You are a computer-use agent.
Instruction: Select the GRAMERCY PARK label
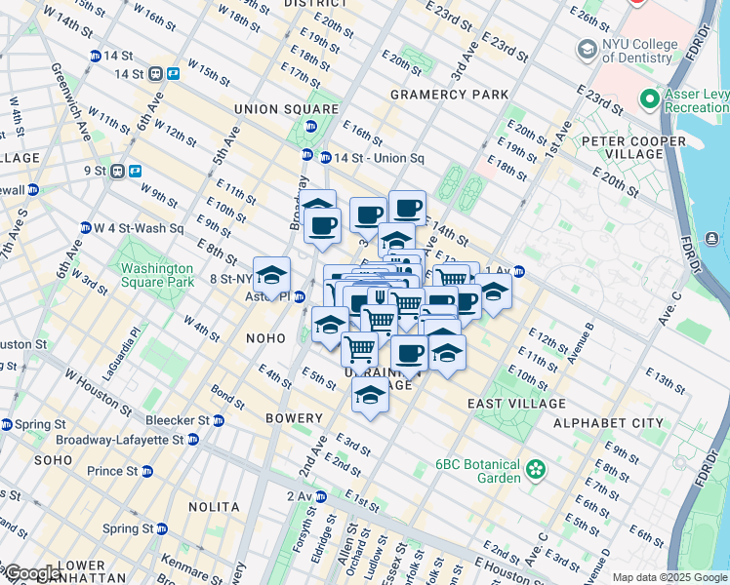(x=449, y=95)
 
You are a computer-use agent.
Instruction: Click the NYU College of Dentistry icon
(x=588, y=49)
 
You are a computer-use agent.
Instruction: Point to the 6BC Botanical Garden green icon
(x=535, y=471)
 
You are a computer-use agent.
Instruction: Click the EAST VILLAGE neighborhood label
(x=515, y=404)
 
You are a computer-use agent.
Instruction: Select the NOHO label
(x=265, y=338)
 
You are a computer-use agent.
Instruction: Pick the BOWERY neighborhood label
(x=294, y=418)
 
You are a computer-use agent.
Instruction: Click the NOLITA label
(x=214, y=507)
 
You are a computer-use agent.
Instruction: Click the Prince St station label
(x=111, y=471)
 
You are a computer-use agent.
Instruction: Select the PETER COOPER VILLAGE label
(x=636, y=146)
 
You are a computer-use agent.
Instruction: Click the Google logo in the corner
(x=32, y=573)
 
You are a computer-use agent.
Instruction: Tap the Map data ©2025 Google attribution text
(x=669, y=577)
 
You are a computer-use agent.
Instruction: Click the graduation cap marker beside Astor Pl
(x=272, y=276)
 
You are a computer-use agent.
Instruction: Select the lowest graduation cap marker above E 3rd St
(x=370, y=395)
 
